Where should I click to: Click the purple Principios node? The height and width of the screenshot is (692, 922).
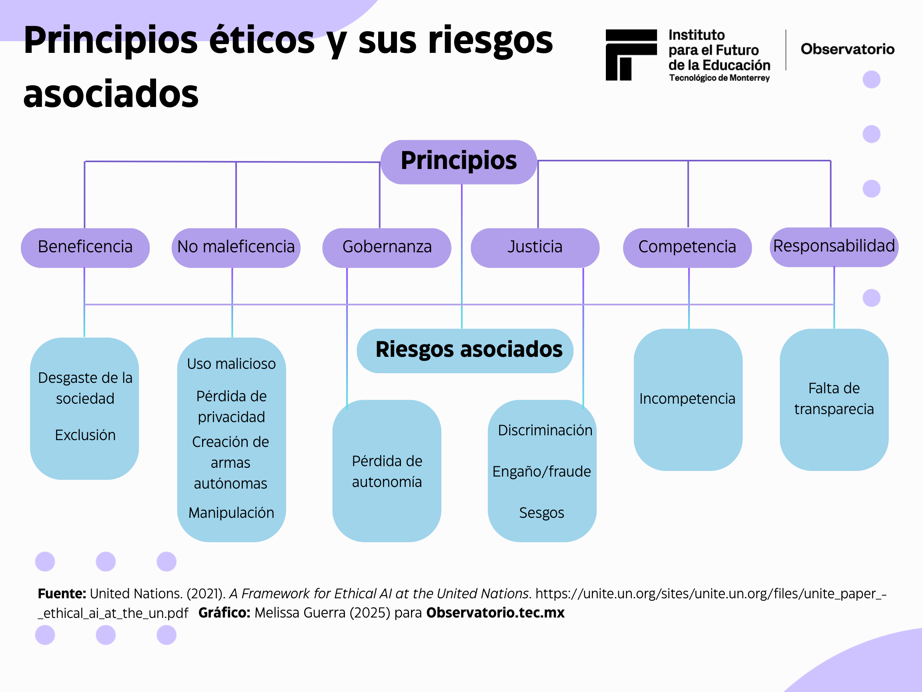[x=459, y=162]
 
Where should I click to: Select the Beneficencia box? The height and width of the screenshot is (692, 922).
[x=85, y=247]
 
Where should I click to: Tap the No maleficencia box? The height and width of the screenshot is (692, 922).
[x=236, y=247]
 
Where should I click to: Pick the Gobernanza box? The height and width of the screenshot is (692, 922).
[x=387, y=247]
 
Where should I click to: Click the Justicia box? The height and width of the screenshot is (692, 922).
[x=535, y=247]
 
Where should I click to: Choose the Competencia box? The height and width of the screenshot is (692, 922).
[x=687, y=247]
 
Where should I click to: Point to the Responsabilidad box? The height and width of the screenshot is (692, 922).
[x=834, y=246]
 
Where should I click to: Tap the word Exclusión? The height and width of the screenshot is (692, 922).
[x=85, y=435]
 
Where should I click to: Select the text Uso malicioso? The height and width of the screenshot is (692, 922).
[x=231, y=364]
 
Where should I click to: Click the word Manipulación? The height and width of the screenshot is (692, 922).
[x=231, y=513]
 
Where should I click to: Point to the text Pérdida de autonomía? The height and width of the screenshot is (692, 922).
[x=387, y=471]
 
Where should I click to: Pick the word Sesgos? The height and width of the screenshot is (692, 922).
[x=541, y=513]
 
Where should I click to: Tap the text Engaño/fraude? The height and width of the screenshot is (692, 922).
[x=541, y=471]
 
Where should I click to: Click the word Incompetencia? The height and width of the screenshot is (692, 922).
[x=687, y=399]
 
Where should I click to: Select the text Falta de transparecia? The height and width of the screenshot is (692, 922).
[x=834, y=399]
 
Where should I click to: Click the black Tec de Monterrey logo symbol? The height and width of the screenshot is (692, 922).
[x=631, y=54]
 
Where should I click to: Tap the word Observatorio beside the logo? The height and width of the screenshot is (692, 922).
[x=847, y=49]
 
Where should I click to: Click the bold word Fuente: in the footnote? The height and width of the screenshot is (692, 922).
[x=62, y=593]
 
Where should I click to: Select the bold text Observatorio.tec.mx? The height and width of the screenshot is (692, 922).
[x=495, y=613]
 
